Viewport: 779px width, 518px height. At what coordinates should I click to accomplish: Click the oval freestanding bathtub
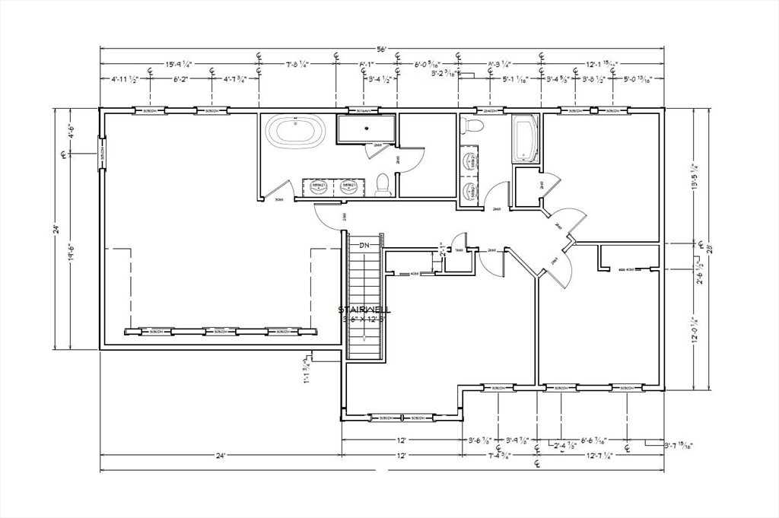pos(297,131)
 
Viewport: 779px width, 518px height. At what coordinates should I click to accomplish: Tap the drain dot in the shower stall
pos(366,128)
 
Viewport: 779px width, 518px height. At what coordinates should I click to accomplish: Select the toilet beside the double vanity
pos(383,184)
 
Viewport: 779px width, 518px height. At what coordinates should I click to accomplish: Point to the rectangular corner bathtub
pos(525,138)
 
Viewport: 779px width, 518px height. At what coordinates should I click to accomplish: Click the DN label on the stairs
pos(364,245)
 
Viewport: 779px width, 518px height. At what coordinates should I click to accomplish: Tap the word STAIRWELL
pos(365,310)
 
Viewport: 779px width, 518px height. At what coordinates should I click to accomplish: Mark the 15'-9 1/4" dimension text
pos(178,65)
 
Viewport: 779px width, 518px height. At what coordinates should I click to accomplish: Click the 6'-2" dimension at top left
pos(180,79)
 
